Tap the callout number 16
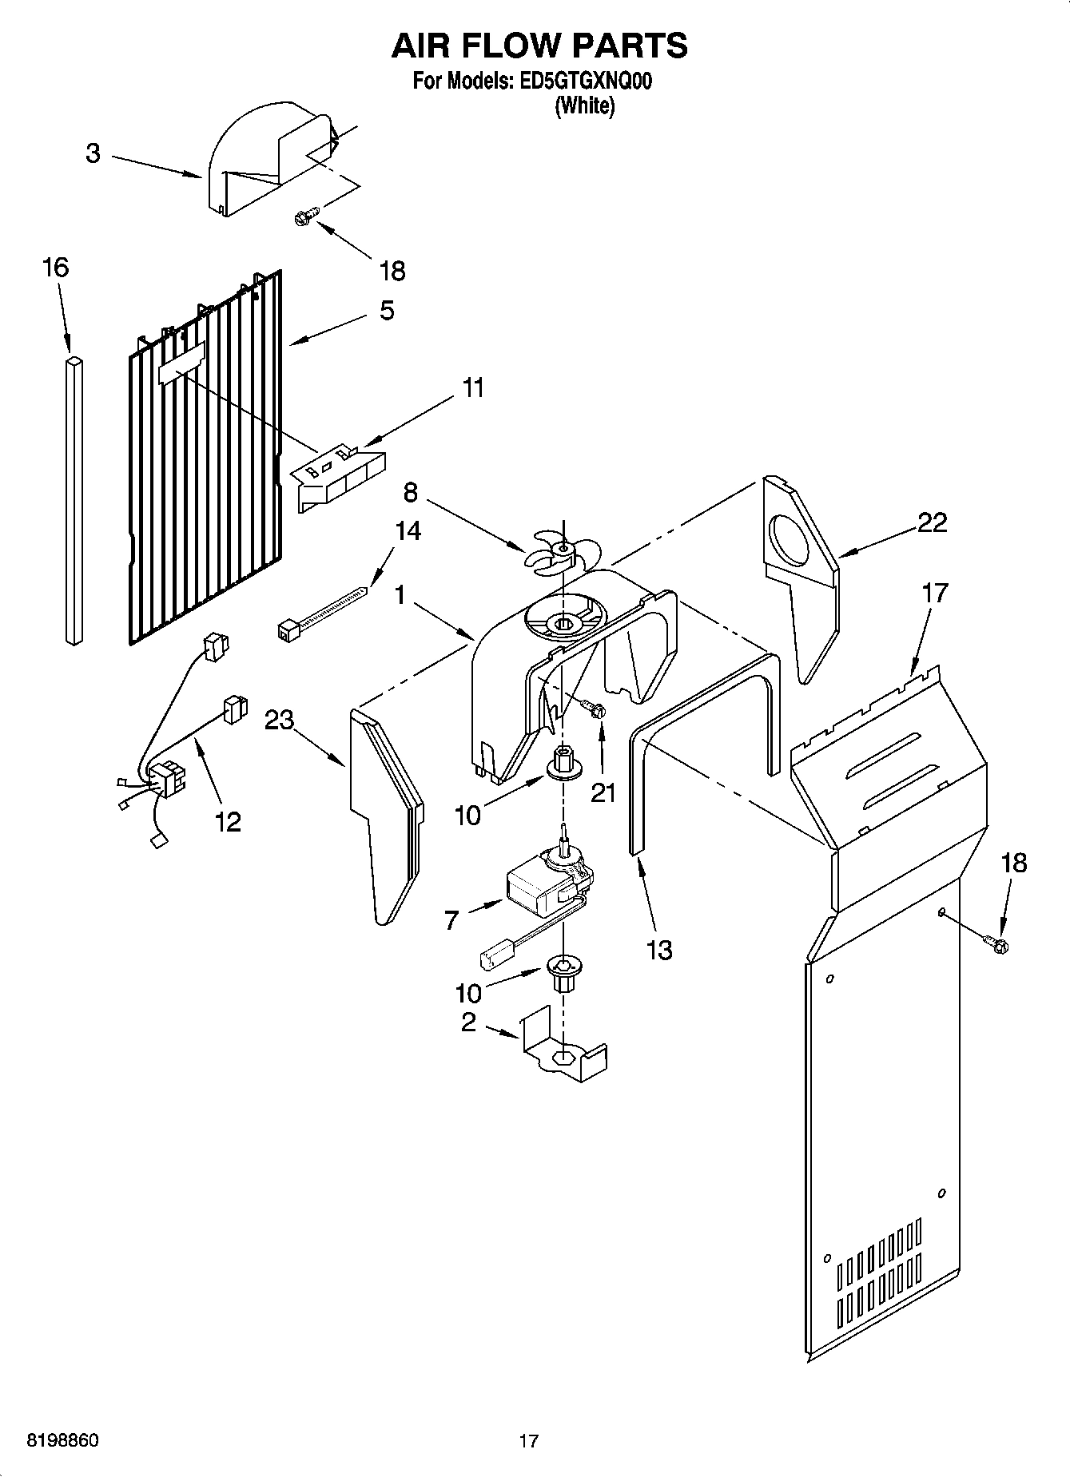click(55, 268)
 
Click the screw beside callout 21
click(594, 708)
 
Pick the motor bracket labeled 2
click(564, 1051)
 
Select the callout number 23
click(280, 721)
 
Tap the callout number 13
click(660, 950)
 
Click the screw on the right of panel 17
click(998, 944)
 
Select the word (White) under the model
click(584, 106)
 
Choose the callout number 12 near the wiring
click(228, 822)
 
